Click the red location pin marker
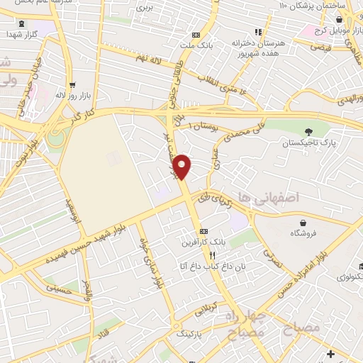click(183, 167)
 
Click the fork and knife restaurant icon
click(212, 255)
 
